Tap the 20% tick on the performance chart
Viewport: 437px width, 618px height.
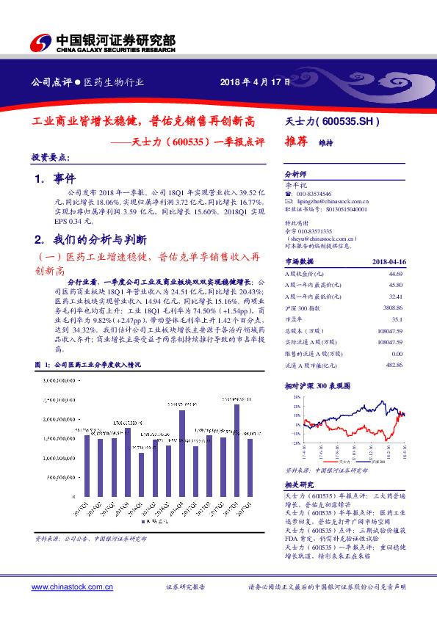(295, 396)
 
